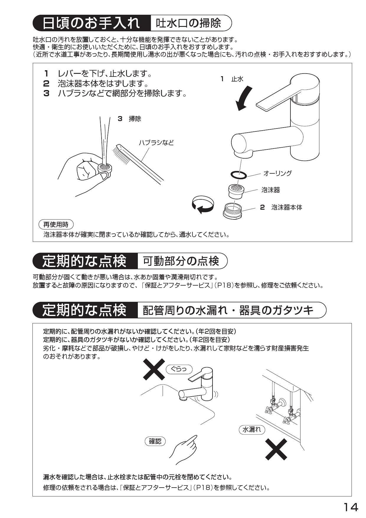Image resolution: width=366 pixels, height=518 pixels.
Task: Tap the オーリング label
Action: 277,173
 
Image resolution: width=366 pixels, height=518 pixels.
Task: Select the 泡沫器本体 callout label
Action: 286,207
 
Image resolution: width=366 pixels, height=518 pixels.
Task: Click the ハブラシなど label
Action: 156,143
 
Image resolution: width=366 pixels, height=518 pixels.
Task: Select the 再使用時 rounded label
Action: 56,224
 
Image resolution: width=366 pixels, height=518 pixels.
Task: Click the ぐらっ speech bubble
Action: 179,369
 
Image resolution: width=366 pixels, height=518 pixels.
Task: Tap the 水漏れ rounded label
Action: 251,429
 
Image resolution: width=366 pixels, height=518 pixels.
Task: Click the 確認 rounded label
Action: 155,441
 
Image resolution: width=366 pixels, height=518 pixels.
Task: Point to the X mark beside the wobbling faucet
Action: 154,369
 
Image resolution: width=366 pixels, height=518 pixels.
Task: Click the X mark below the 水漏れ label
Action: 276,449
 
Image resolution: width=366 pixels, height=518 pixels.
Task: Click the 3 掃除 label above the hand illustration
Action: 130,119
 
